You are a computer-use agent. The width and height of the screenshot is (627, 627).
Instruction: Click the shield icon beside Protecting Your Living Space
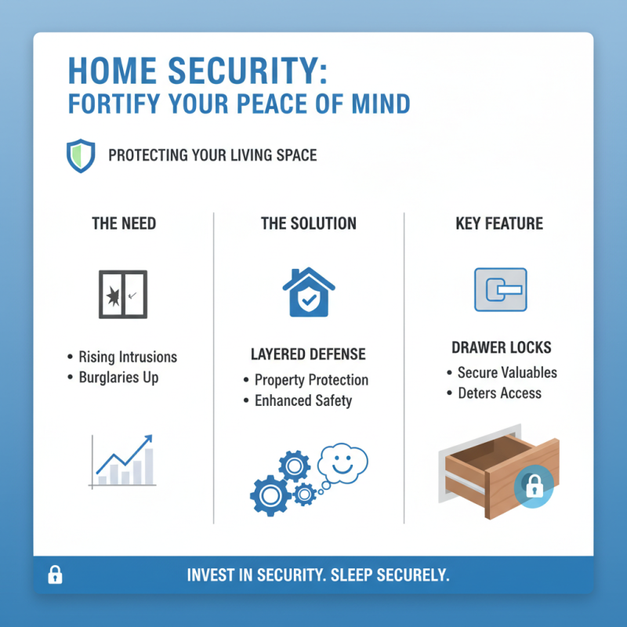pyautogui.click(x=81, y=155)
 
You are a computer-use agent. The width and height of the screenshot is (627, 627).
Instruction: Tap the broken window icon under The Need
pyautogui.click(x=123, y=294)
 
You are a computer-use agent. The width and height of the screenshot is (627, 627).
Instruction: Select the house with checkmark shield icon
pyautogui.click(x=308, y=293)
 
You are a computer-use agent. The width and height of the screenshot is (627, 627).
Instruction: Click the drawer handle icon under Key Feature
pyautogui.click(x=500, y=290)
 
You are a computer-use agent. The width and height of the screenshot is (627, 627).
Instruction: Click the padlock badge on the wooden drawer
pyautogui.click(x=533, y=487)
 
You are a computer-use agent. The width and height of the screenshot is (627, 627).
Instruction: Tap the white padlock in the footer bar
pyautogui.click(x=55, y=575)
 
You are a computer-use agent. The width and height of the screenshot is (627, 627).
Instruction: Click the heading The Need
pyautogui.click(x=123, y=224)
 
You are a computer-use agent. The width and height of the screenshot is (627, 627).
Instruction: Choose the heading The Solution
pyautogui.click(x=308, y=224)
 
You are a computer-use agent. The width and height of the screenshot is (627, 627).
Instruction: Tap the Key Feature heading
pyautogui.click(x=499, y=224)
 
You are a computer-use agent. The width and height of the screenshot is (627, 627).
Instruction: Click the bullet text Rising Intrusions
pyautogui.click(x=128, y=357)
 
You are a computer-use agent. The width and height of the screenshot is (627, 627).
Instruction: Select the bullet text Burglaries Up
pyautogui.click(x=118, y=378)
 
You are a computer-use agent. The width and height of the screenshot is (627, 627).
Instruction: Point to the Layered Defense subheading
pyautogui.click(x=308, y=354)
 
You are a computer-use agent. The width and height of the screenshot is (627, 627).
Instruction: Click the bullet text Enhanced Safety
pyautogui.click(x=303, y=401)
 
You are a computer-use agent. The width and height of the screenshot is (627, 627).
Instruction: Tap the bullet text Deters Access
pyautogui.click(x=499, y=393)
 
